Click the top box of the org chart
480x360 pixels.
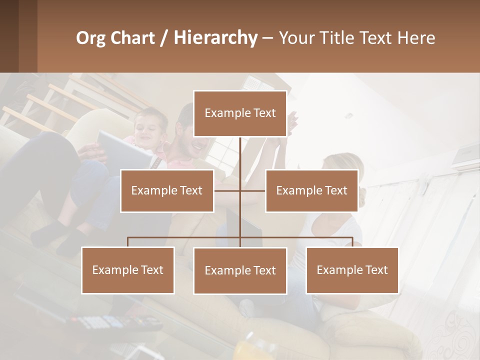pos(240,113)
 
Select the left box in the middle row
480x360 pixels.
pos(167,190)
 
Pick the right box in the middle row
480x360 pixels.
pos(311,190)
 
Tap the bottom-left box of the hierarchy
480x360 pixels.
pos(128,270)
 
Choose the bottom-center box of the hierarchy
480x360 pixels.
pos(240,270)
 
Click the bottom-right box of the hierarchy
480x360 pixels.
pos(352,270)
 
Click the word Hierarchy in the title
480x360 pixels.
pos(215,38)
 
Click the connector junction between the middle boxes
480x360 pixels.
pos(240,190)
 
